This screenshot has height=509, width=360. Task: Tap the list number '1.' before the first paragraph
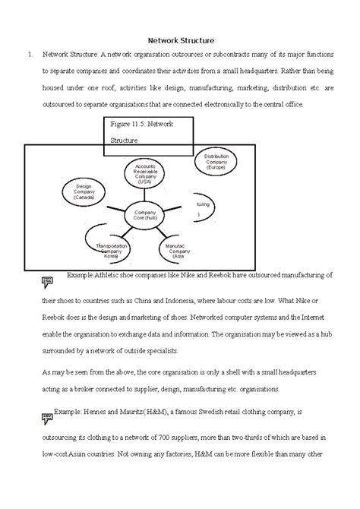29,55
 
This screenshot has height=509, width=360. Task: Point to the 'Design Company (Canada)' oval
84,190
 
